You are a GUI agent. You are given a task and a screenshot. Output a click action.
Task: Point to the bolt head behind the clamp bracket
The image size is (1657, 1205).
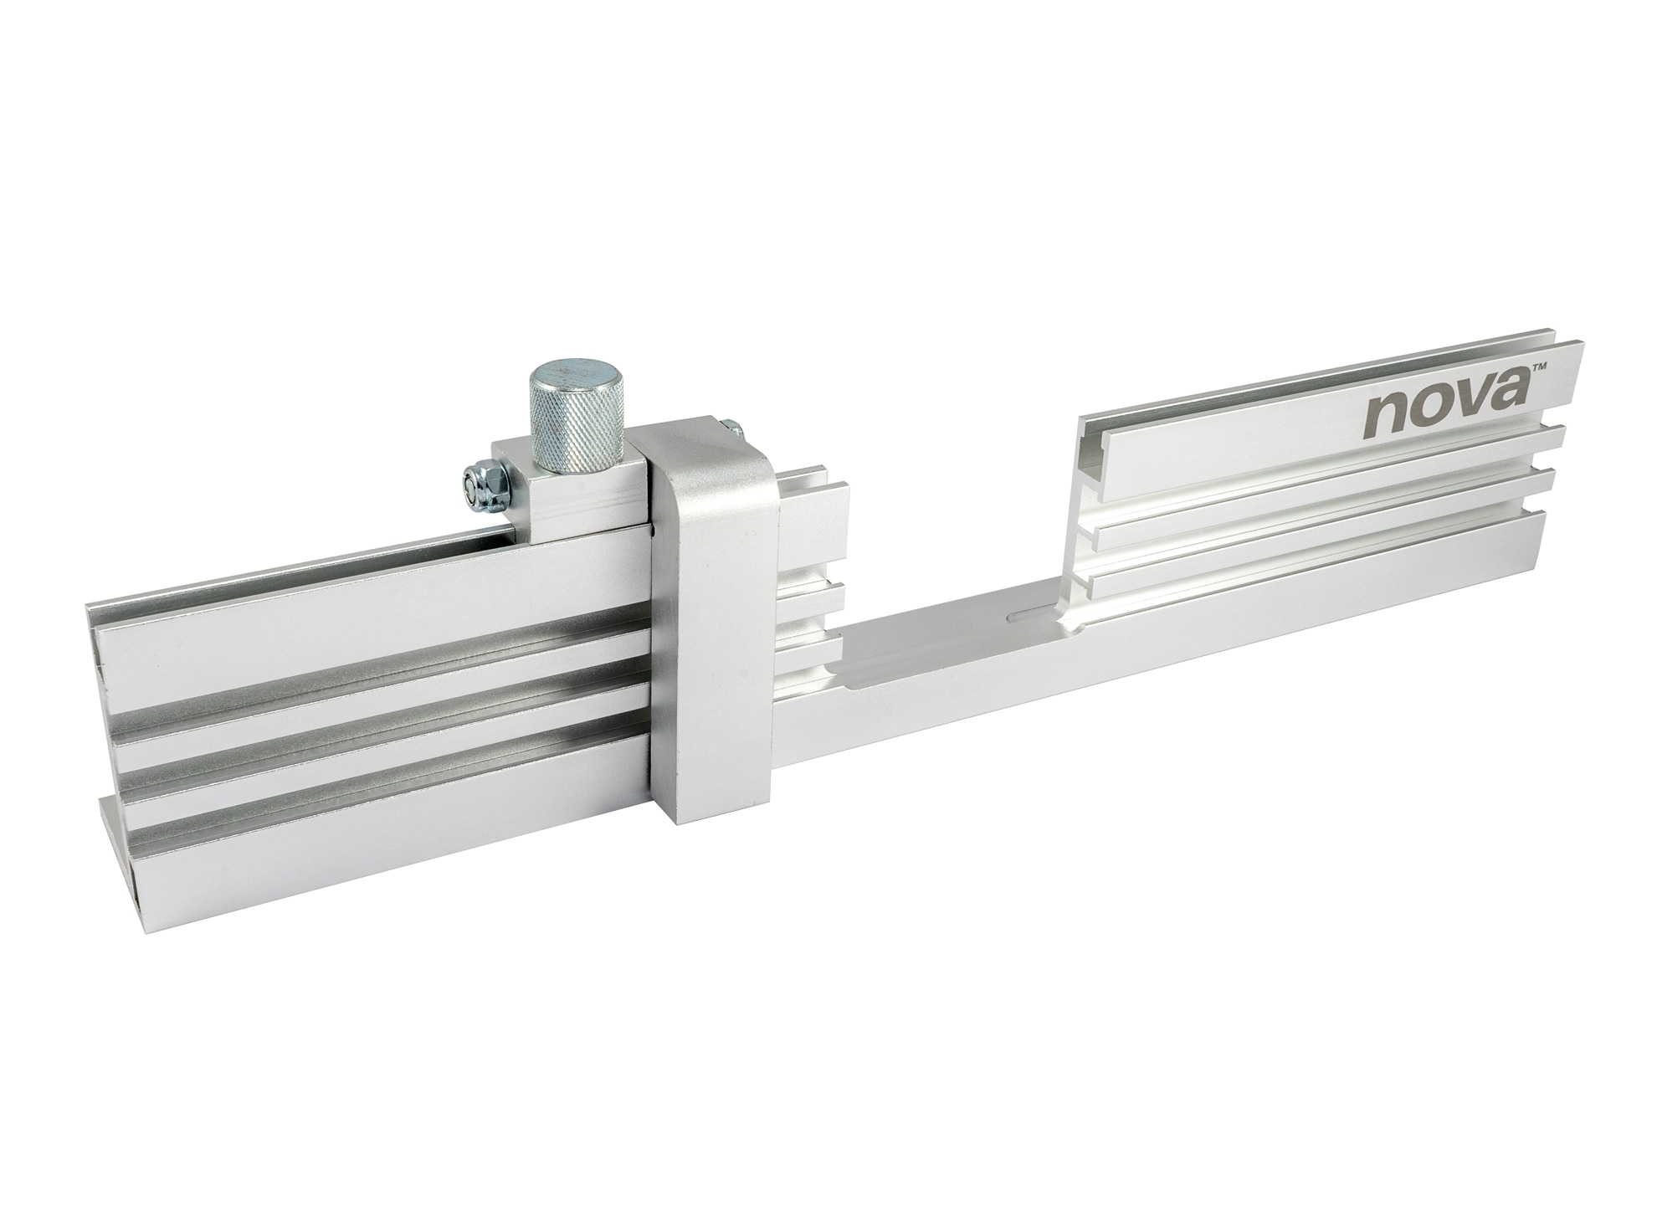click(x=733, y=429)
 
